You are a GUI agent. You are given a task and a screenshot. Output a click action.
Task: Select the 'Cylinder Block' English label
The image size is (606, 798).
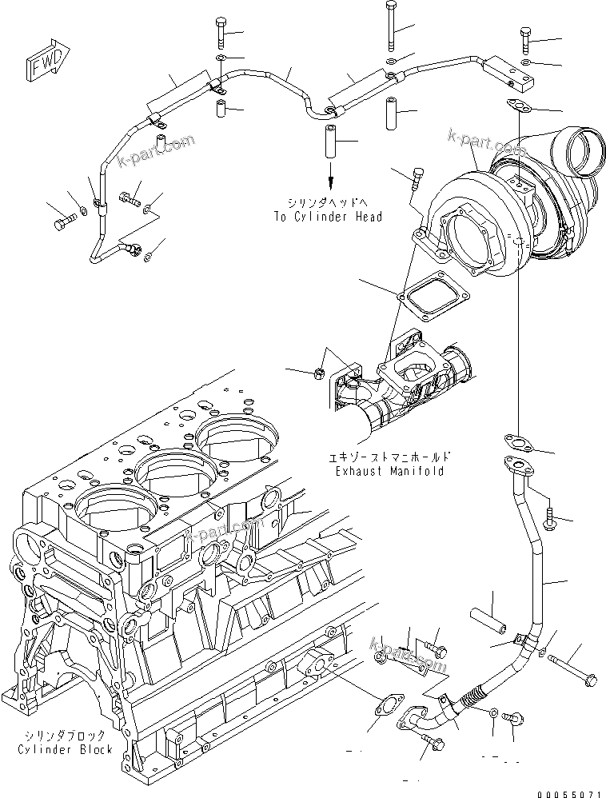[65, 749]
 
